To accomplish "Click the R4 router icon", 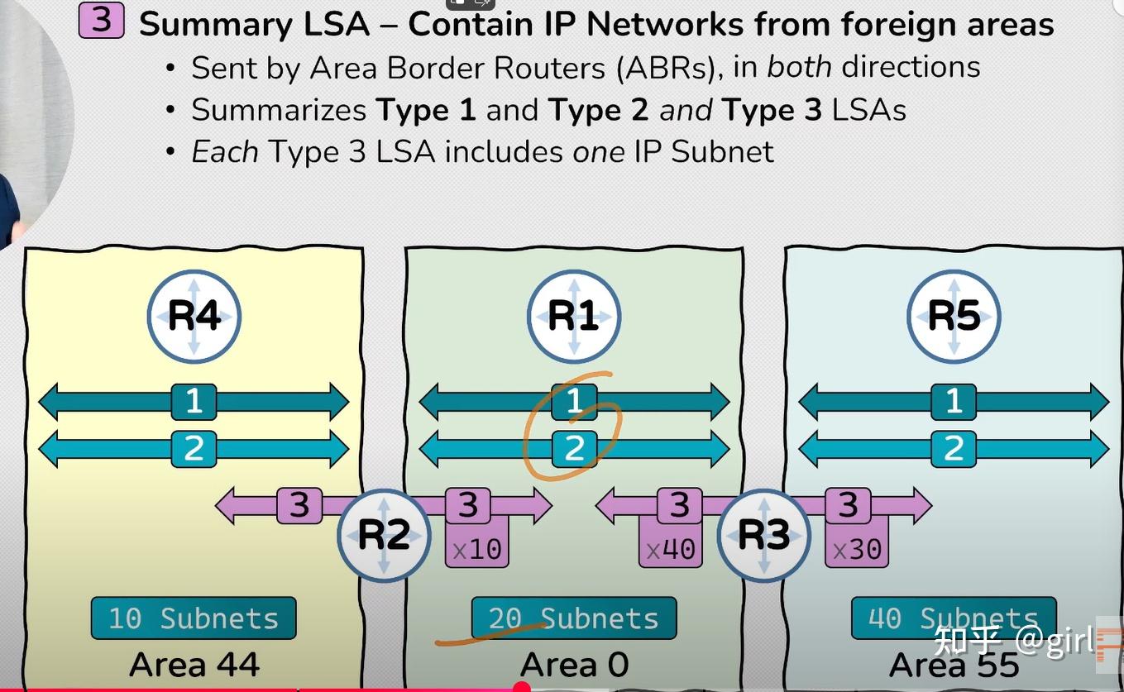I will (x=194, y=317).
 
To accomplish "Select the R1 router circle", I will (x=574, y=317).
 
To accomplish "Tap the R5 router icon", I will (x=954, y=317).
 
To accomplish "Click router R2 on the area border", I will (x=384, y=535).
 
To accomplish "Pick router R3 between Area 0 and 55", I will (x=763, y=535).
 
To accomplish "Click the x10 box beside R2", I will (x=476, y=548).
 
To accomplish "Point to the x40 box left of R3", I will (x=669, y=548).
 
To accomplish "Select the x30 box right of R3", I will (x=857, y=548).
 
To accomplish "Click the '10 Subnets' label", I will (x=193, y=618).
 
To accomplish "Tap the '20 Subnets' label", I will (x=573, y=618).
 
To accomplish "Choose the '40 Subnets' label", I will (x=953, y=618).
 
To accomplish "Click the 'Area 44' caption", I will (x=194, y=665).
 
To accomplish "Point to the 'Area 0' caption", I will (x=574, y=665).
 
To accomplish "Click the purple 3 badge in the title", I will (x=101, y=21).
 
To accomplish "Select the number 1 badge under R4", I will (x=194, y=402).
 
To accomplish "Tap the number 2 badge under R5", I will (x=954, y=448).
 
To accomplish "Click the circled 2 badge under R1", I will (x=574, y=448).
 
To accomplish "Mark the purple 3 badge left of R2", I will (x=299, y=505).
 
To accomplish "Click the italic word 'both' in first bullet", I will (x=799, y=67).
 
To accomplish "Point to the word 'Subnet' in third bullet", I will (x=722, y=152).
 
